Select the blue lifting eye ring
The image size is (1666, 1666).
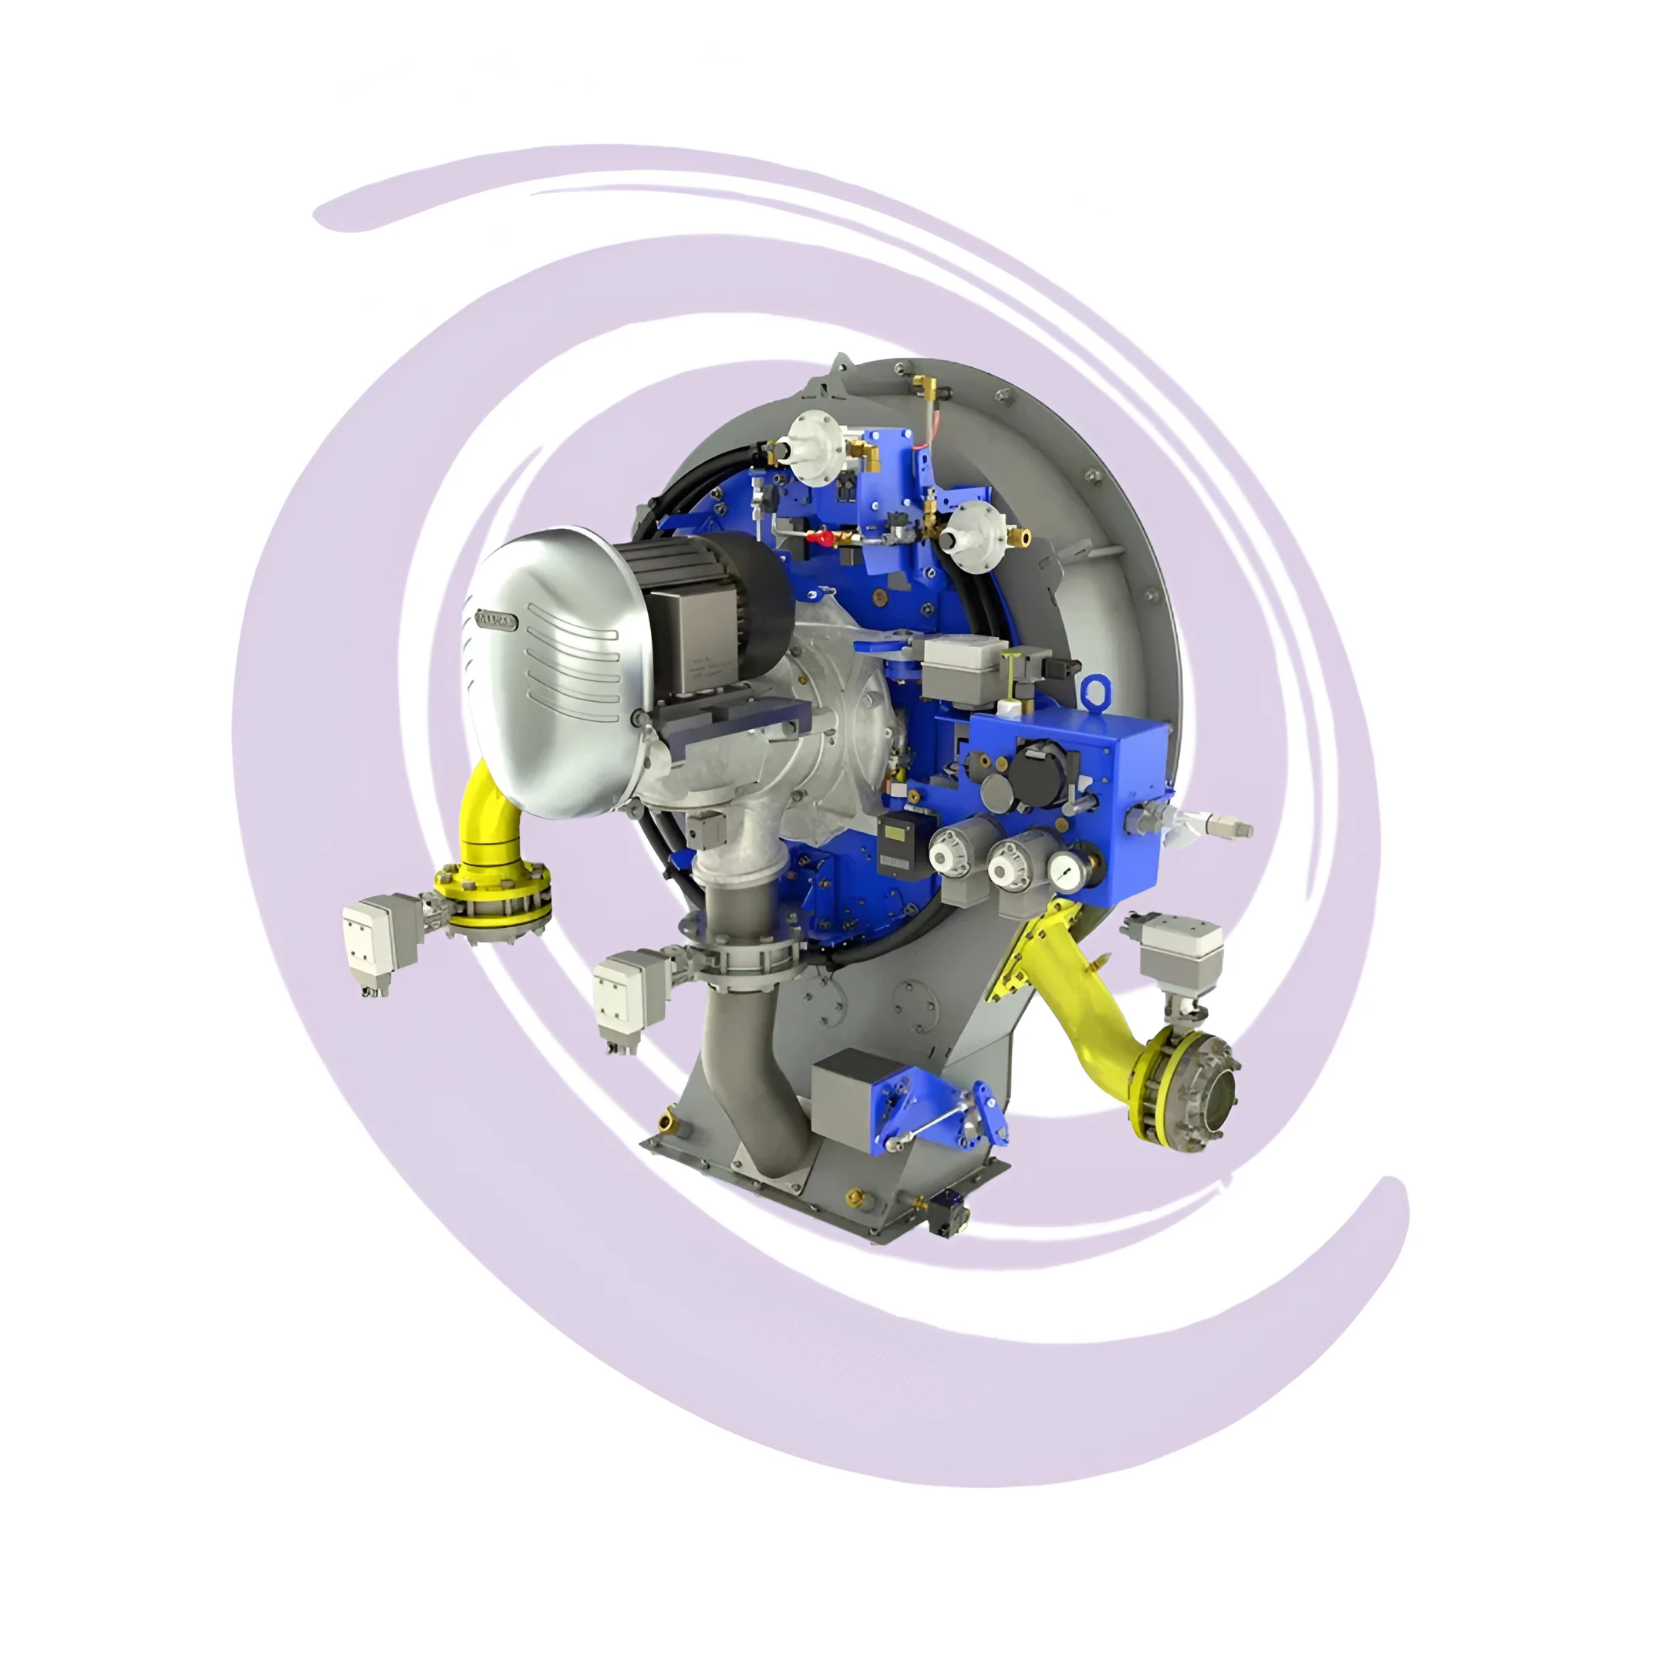[1095, 690]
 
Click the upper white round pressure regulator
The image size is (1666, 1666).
[812, 436]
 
